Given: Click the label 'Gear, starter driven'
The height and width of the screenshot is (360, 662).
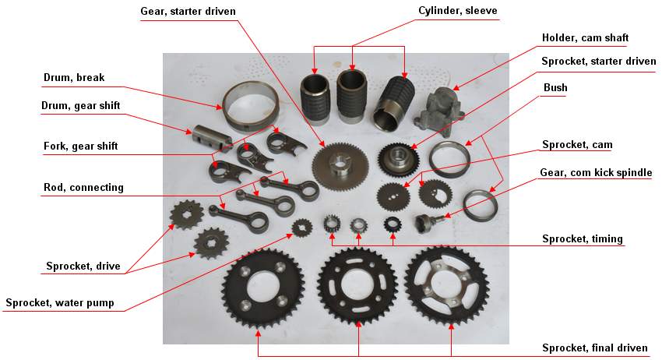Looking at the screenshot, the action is coord(188,12).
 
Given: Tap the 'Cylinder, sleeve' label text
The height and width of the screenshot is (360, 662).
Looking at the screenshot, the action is coord(458,11).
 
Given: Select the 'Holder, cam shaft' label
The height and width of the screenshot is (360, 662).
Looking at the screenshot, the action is coord(585,37).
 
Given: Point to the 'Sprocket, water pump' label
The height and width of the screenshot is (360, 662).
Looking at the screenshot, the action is coord(60,303).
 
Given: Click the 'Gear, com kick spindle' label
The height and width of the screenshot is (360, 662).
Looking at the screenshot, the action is coord(596,172).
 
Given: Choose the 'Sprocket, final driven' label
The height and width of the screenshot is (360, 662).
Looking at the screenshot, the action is coord(594,348).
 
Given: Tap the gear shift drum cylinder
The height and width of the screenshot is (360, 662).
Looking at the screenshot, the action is coord(213,137).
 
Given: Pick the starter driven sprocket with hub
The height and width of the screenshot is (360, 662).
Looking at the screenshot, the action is coord(398,159).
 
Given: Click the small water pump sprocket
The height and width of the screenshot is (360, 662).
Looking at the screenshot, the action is coord(302,228).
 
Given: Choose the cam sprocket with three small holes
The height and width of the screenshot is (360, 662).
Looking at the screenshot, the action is coord(393,196).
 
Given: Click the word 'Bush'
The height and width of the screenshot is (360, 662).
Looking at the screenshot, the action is coord(555,87).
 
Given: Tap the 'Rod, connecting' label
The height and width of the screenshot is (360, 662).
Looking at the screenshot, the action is coord(83,187).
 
